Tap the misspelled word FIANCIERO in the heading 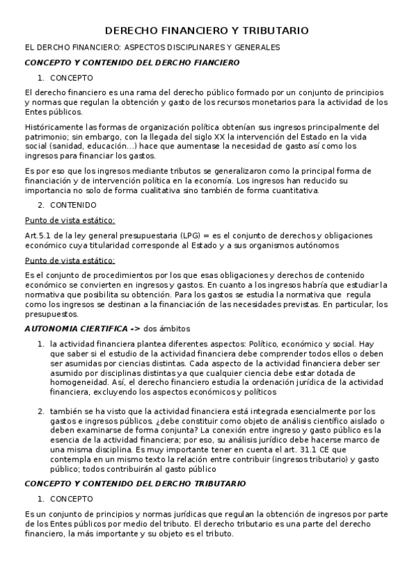[213, 62]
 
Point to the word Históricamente [50, 127]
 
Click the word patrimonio [44, 137]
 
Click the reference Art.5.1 [37, 235]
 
